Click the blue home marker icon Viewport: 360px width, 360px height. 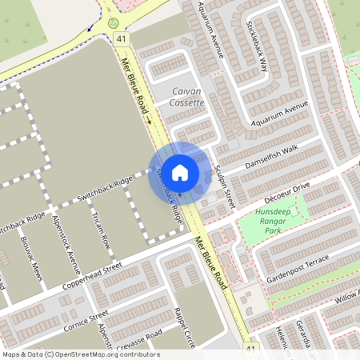pos(180,172)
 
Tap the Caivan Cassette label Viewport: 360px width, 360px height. pos(188,98)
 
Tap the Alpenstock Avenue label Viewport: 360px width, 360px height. pos(66,240)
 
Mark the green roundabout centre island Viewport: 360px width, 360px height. pos(114,23)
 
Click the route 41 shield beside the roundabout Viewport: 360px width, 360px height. pos(121,38)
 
